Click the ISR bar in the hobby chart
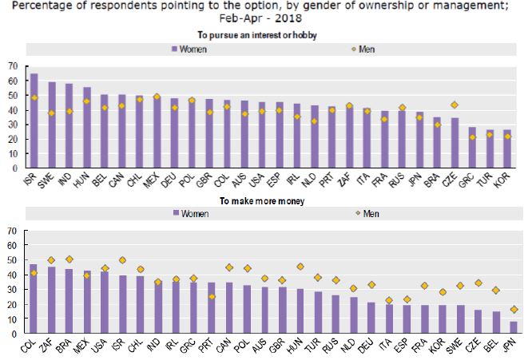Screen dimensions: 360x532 (34, 121)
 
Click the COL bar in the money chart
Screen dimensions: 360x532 (33, 299)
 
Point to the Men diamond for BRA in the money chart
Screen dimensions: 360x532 (69, 259)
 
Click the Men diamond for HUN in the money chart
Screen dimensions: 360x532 (300, 267)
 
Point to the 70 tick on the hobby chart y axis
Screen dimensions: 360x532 (11, 65)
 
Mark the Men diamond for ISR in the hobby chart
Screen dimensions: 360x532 (34, 97)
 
